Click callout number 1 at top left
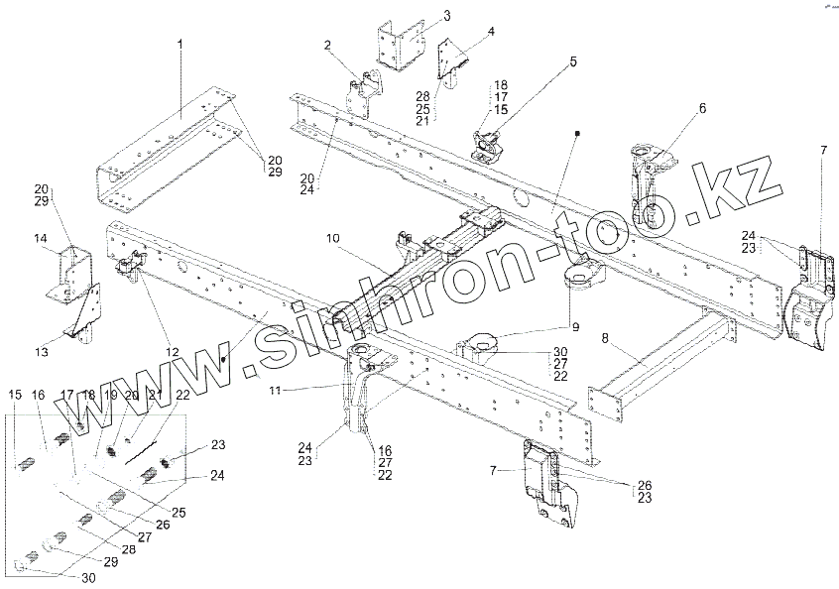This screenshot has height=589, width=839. pos(181,44)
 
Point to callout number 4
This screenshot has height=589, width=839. pos(490,30)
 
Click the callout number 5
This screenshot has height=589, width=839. pos(572,60)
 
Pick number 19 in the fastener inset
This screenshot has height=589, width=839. pos(107,396)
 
